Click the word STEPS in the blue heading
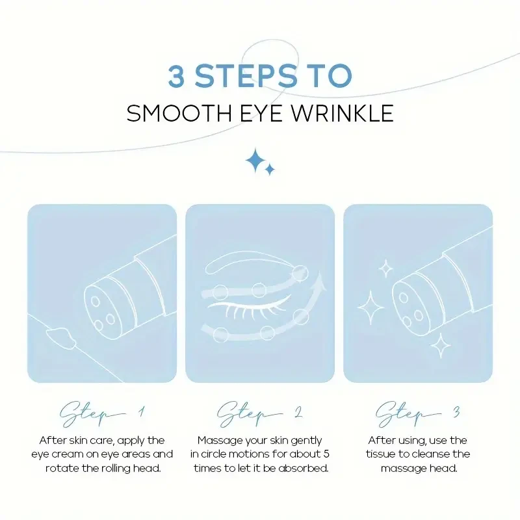point(246,76)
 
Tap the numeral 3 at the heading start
point(176,76)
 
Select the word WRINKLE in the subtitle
point(343,113)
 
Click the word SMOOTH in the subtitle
point(179,113)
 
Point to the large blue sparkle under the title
point(255,161)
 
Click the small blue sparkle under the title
point(270,170)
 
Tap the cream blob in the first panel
point(61,337)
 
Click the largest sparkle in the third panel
point(370,307)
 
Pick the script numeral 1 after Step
point(142,411)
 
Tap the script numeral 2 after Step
point(298,412)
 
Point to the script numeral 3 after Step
point(457,412)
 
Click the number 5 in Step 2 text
point(326,454)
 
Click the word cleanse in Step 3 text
point(432,454)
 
